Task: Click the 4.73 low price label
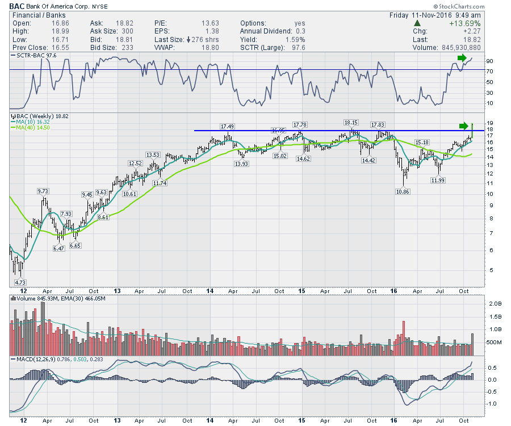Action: (x=20, y=282)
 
